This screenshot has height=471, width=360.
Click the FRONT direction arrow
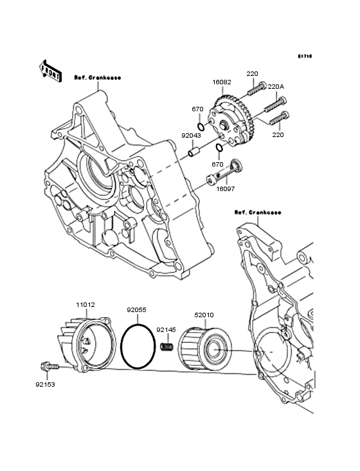pos(50,71)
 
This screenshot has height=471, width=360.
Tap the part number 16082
pos(222,82)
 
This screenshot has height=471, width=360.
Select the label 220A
pos(276,87)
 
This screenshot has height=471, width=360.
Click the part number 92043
pos(191,136)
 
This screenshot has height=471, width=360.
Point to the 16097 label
pos(225,189)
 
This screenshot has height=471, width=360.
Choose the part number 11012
pos(85,304)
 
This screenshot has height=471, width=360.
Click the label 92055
pos(136,309)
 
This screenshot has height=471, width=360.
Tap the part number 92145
pos(166,330)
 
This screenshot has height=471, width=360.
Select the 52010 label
pos(204,315)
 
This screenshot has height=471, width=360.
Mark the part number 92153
pos(45,384)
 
